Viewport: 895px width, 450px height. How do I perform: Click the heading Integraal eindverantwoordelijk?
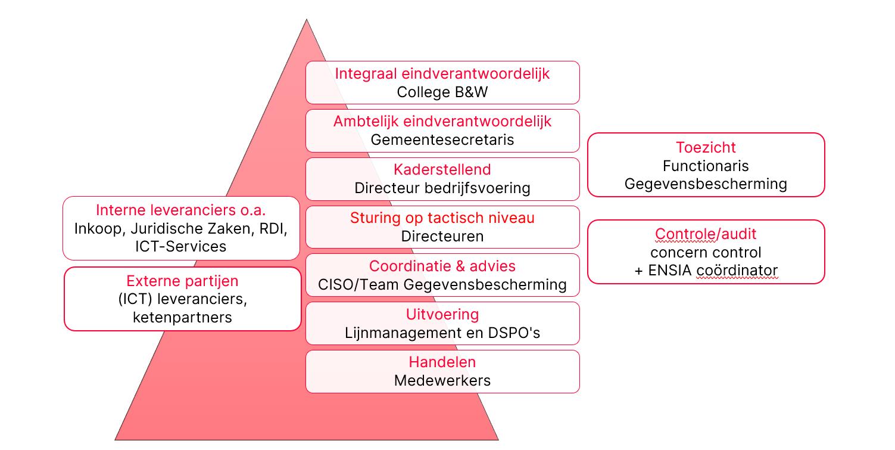[x=442, y=73]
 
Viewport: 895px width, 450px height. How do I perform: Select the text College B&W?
[x=442, y=92]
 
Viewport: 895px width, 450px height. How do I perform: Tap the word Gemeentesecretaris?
[x=442, y=139]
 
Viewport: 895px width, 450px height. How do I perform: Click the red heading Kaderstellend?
[x=442, y=169]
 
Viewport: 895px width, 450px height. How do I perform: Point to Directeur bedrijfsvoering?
[x=442, y=188]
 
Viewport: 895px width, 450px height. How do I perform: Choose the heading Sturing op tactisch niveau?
[x=442, y=218]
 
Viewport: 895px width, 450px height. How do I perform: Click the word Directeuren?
[x=442, y=236]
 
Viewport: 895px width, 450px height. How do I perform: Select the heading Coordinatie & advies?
[x=442, y=266]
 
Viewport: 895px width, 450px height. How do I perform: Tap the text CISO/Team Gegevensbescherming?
[x=442, y=284]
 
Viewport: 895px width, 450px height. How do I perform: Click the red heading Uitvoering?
[x=442, y=314]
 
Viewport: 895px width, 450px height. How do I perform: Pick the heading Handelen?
[x=442, y=362]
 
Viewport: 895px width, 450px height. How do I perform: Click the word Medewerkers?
[x=442, y=380]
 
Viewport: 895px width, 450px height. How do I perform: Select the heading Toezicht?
[x=706, y=147]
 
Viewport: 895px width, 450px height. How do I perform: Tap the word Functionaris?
[x=706, y=166]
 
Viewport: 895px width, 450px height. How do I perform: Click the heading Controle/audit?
[x=706, y=234]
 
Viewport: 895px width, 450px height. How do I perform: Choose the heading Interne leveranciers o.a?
[x=180, y=210]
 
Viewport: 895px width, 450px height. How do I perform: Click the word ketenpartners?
[x=182, y=317]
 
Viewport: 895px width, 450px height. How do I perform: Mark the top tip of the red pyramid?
[x=306, y=20]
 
